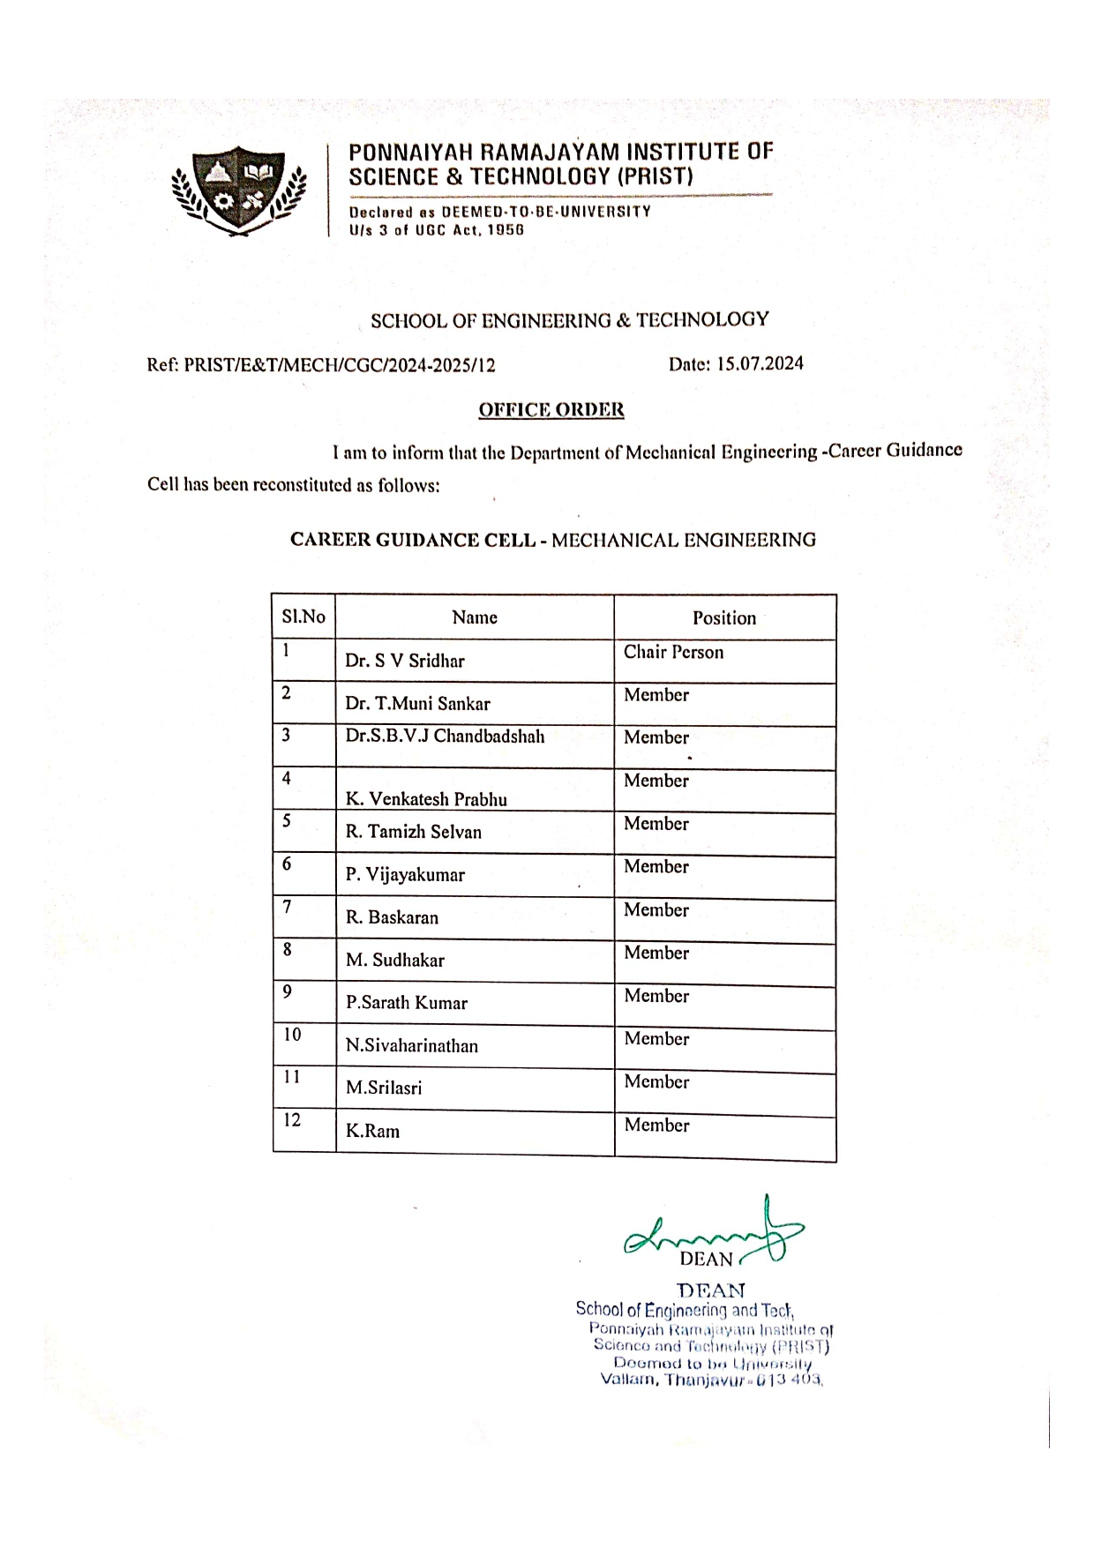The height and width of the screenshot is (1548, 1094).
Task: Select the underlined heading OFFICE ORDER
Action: [551, 410]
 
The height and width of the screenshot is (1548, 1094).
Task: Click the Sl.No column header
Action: [303, 617]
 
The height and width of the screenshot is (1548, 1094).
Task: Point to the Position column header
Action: [724, 617]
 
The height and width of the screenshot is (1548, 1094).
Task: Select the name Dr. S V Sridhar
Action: [405, 661]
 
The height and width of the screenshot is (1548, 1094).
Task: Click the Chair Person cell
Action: [673, 652]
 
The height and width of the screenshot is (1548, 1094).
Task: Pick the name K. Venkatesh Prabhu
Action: [426, 799]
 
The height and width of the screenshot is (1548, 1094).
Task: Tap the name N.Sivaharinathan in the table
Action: [412, 1045]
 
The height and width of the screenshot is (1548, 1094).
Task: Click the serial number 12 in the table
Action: [292, 1120]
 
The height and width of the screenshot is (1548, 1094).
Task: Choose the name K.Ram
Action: [372, 1131]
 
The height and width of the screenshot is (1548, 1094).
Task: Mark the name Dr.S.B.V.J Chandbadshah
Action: [445, 737]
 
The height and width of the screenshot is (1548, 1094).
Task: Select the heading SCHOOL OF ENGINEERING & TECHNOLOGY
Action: [569, 320]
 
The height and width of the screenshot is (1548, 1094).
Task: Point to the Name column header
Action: [475, 617]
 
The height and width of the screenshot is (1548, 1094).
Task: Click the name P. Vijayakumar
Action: [405, 875]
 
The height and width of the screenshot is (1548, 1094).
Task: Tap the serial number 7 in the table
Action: [287, 906]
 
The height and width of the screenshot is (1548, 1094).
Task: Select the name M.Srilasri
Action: [384, 1088]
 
